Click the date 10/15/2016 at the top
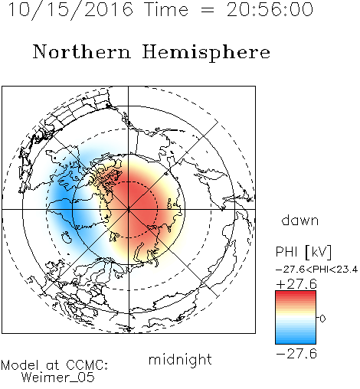[x=70, y=10]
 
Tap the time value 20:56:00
[x=270, y=9]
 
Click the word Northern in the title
[x=82, y=51]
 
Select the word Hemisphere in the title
[x=206, y=53]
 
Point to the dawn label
[x=300, y=220]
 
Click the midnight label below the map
[x=180, y=359]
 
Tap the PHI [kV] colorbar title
[x=304, y=252]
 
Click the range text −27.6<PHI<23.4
[x=316, y=270]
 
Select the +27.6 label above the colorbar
[x=296, y=284]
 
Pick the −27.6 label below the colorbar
[x=296, y=354]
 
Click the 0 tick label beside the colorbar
[x=322, y=319]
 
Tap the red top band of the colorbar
[x=296, y=295]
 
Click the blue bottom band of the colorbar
[x=296, y=339]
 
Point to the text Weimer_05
[x=58, y=378]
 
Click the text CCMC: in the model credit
[x=87, y=365]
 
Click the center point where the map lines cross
[x=128, y=209]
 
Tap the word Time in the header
[x=166, y=9]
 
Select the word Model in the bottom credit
[x=20, y=365]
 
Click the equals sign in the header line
[x=208, y=10]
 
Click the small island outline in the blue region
[x=67, y=237]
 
